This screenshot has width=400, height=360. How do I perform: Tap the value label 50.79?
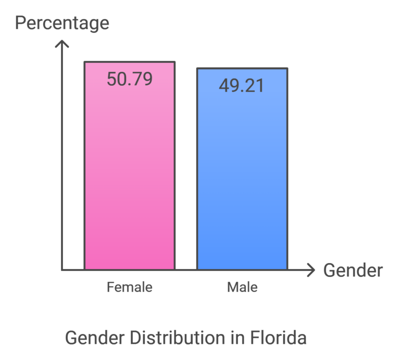point(130,79)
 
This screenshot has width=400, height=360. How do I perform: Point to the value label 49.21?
point(242,85)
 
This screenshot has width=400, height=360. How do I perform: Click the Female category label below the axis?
point(130,287)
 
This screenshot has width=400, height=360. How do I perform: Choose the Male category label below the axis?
point(242,287)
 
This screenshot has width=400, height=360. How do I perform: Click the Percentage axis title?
point(62,23)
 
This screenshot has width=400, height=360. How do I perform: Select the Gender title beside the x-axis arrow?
point(353,271)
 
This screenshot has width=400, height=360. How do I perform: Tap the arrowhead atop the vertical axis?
point(62,44)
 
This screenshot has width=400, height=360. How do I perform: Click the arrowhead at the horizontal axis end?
point(311,270)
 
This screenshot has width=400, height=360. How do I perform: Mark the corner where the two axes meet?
point(62,270)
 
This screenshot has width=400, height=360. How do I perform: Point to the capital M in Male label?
point(231,287)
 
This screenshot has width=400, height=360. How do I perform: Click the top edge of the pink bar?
point(130,62)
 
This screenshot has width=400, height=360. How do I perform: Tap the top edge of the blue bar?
point(242,68)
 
